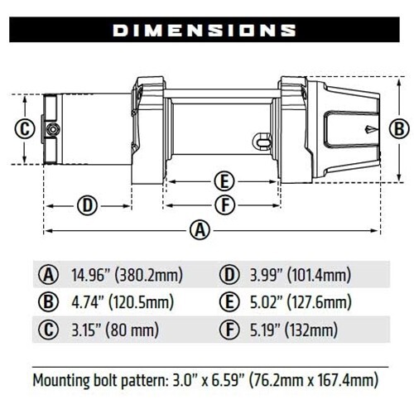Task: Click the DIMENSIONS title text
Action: [205, 30]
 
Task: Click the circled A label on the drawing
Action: [200, 230]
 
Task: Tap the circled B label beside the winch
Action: [399, 129]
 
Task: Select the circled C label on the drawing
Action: [25, 129]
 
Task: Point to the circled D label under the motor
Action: [87, 205]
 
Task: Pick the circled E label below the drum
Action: [224, 181]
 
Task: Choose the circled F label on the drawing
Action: [225, 205]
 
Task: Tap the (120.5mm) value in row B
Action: [142, 302]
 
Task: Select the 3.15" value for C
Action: [87, 330]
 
